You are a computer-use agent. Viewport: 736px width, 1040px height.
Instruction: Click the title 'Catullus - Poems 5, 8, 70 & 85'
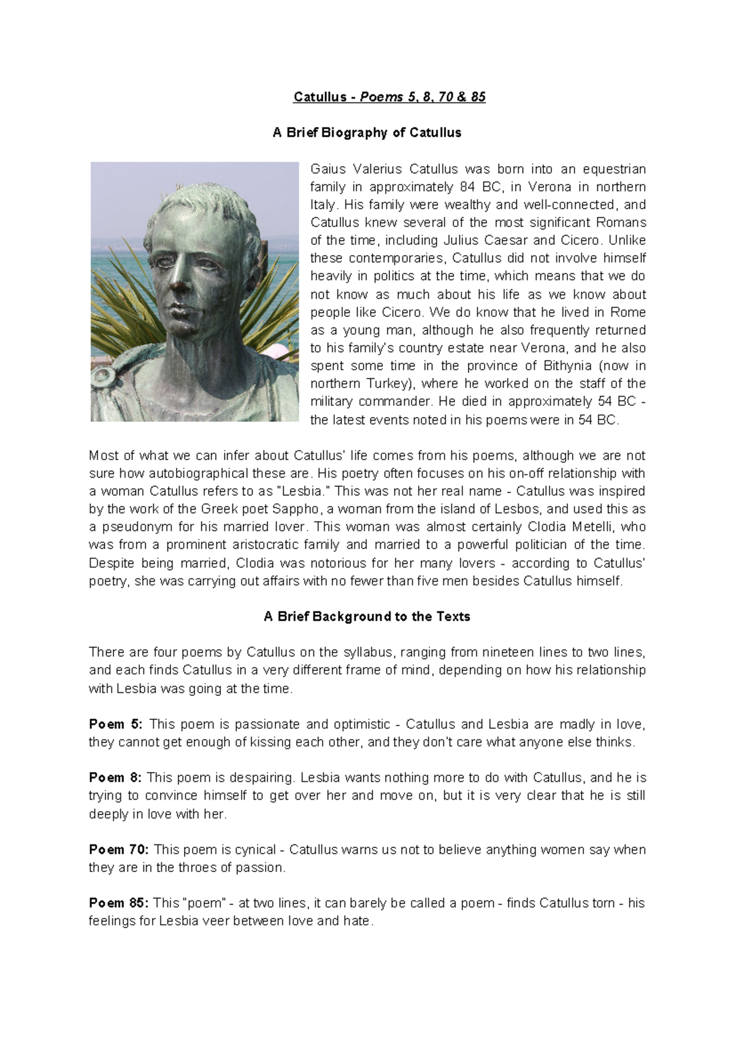(x=390, y=97)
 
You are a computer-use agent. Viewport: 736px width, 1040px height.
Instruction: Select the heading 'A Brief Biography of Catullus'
(x=367, y=132)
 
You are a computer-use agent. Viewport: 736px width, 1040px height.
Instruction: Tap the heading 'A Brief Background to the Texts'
(x=367, y=617)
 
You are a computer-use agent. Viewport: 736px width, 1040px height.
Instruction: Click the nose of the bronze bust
(x=180, y=283)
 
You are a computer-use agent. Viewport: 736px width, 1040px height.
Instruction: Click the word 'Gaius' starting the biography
(x=328, y=169)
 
